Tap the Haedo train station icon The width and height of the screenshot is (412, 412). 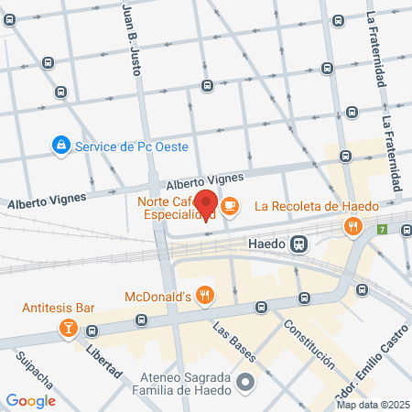point(298,244)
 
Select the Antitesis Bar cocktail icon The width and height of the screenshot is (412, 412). point(67,327)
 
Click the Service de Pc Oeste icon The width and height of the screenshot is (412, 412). point(60,146)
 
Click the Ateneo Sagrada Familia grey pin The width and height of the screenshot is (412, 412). point(244,382)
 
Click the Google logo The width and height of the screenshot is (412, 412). point(31,400)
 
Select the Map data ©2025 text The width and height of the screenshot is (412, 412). point(371,404)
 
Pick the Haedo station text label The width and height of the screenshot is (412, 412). point(267,244)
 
